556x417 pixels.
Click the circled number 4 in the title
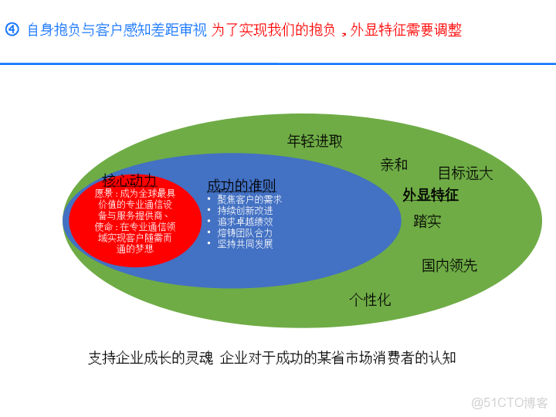tap(12, 30)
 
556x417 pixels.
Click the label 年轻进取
tap(315, 141)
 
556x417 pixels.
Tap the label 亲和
tap(394, 164)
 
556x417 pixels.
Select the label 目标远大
tap(465, 173)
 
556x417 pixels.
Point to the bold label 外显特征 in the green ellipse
tap(430, 195)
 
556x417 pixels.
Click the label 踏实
tap(427, 222)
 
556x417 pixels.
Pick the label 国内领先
tap(449, 266)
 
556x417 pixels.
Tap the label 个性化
tap(370, 300)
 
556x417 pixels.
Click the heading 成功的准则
tap(241, 186)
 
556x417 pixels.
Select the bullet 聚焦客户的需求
tap(249, 199)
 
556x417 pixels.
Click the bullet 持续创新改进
tap(245, 211)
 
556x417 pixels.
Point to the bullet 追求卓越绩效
tap(245, 222)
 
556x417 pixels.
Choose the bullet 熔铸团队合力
tap(245, 232)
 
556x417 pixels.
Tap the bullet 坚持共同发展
tap(245, 244)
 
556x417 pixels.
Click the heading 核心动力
tap(129, 180)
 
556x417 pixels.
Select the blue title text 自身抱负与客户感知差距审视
tap(117, 31)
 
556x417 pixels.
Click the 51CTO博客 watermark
tap(509, 402)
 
